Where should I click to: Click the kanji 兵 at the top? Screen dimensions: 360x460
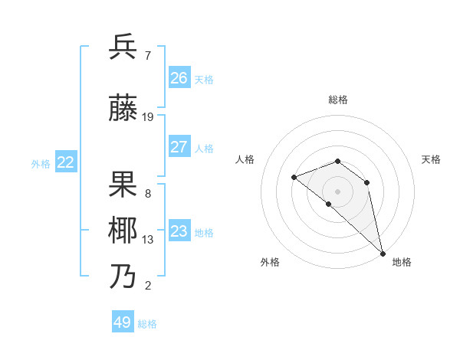pyautogui.click(x=123, y=47)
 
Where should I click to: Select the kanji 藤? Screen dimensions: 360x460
pyautogui.click(x=123, y=109)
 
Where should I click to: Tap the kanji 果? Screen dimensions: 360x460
pyautogui.click(x=123, y=185)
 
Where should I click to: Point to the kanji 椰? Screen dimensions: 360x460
pyautogui.click(x=123, y=231)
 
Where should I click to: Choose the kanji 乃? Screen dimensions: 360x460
pyautogui.click(x=123, y=277)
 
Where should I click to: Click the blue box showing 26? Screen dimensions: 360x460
pyautogui.click(x=179, y=78)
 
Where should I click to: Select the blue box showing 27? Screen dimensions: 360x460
pyautogui.click(x=179, y=147)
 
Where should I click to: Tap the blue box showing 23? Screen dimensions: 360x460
pyautogui.click(x=179, y=231)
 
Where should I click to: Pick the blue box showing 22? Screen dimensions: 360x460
pyautogui.click(x=66, y=162)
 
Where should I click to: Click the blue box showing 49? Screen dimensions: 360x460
pyautogui.click(x=123, y=322)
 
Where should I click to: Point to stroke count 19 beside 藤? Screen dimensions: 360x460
pyautogui.click(x=148, y=117)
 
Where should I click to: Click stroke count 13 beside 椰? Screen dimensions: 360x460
pyautogui.click(x=148, y=240)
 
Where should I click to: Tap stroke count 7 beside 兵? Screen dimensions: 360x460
pyautogui.click(x=147, y=56)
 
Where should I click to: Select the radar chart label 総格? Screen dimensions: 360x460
pyautogui.click(x=338, y=100)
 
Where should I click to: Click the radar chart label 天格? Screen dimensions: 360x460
pyautogui.click(x=431, y=159)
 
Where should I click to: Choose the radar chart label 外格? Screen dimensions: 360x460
pyautogui.click(x=270, y=262)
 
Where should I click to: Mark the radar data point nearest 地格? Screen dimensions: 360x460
pyautogui.click(x=382, y=253)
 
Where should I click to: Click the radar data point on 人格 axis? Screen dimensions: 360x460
pyautogui.click(x=294, y=177)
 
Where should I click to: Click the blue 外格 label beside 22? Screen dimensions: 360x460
pyautogui.click(x=41, y=163)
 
